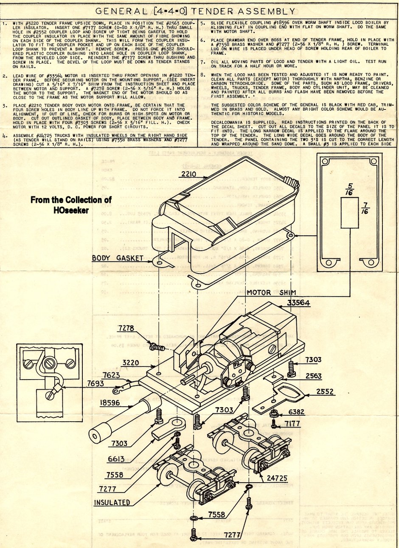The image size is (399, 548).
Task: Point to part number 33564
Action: (298, 303)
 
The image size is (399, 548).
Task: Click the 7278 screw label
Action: (126, 328)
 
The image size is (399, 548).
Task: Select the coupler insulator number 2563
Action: (313, 376)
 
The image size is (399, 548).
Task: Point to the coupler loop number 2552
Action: (325, 391)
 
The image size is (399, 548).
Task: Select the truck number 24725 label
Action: (277, 478)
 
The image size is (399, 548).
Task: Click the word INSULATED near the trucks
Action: (112, 503)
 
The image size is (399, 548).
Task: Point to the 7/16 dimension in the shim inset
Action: (365, 211)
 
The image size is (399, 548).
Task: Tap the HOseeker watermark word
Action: (71, 210)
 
